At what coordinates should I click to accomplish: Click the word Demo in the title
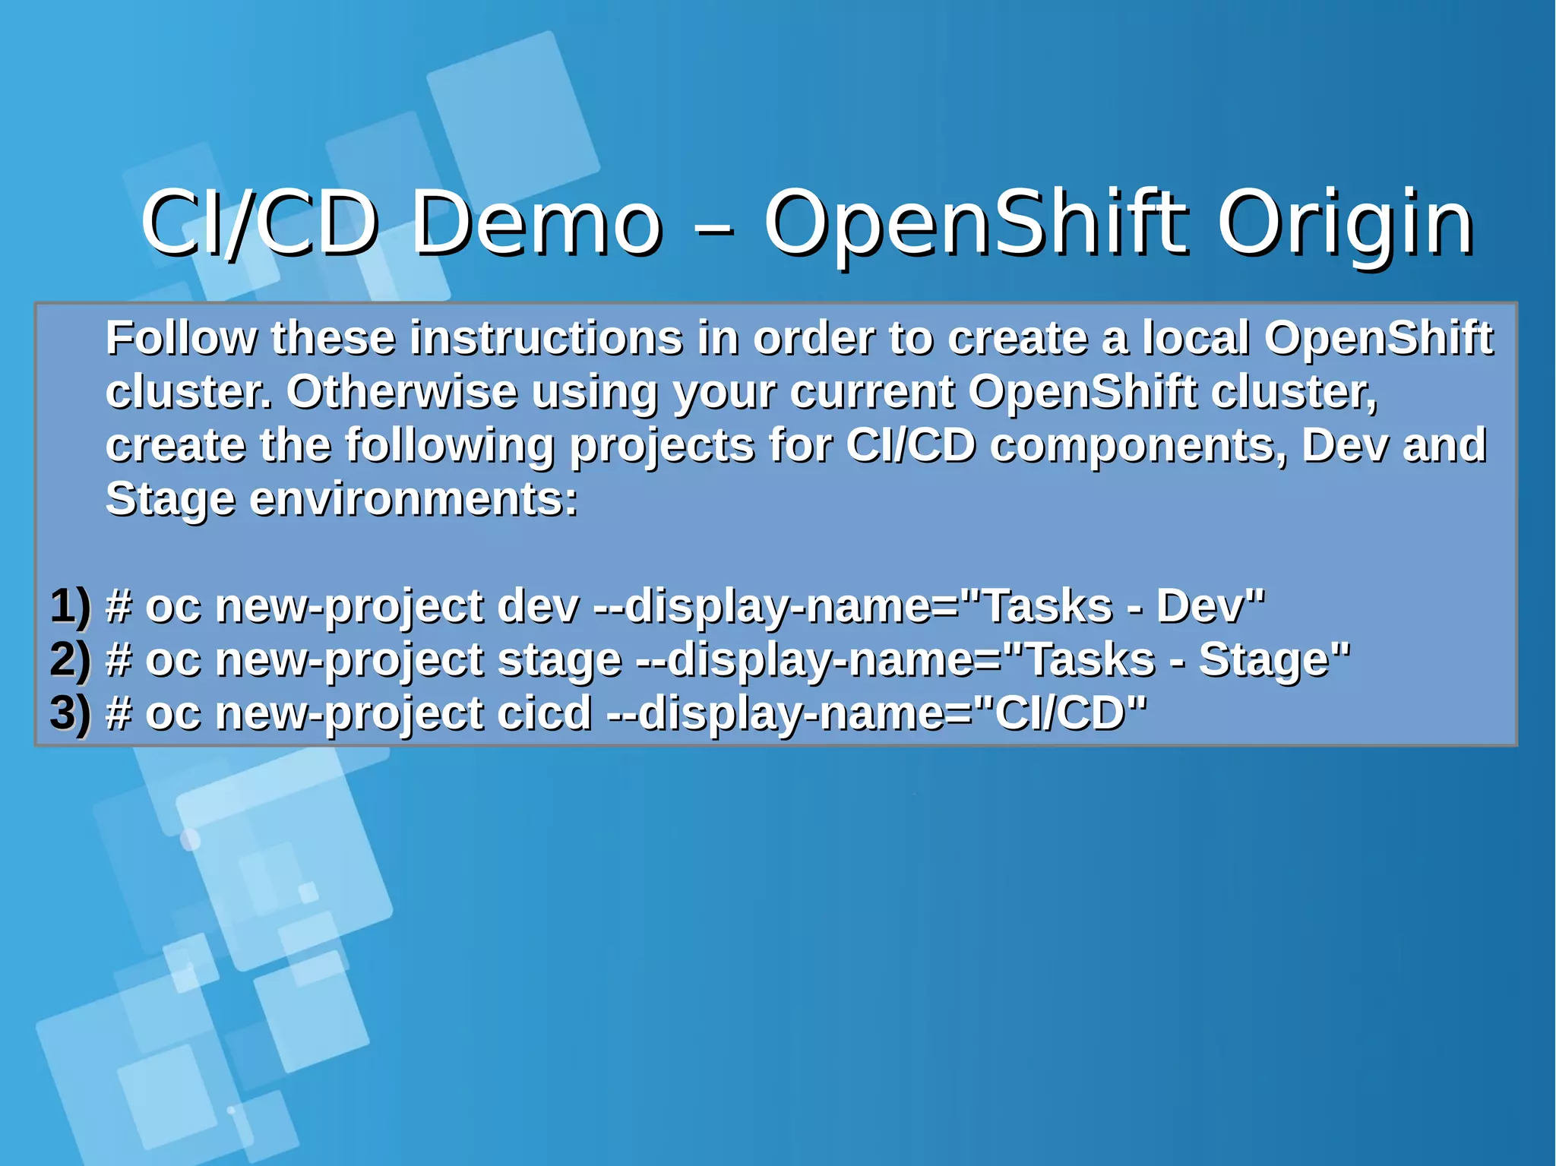536,223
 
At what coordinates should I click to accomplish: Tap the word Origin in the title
1346,223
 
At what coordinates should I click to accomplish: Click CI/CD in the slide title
259,223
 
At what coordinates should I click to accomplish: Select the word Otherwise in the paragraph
402,392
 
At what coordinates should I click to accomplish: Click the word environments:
414,500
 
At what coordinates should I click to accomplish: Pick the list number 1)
71,606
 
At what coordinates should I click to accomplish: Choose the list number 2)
71,659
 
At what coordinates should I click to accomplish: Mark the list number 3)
71,713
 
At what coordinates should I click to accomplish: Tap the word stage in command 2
559,659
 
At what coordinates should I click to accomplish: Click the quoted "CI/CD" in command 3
1060,713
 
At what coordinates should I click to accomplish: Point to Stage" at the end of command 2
1274,659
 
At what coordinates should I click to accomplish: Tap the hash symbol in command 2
119,659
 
